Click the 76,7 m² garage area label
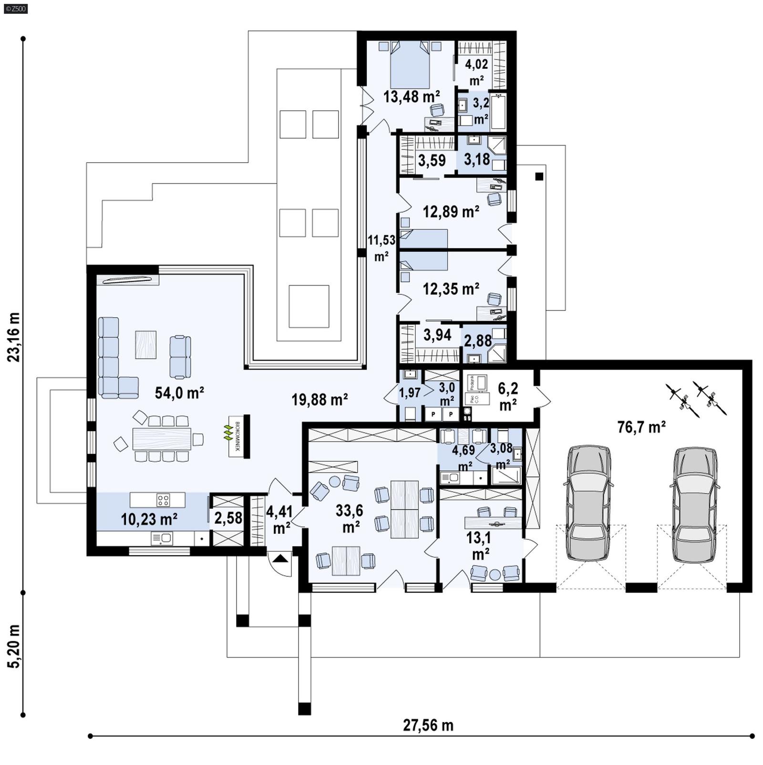641,427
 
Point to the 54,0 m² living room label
179,393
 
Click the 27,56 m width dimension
428,725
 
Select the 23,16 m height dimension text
14,337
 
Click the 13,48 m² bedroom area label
412,97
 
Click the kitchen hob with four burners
163,500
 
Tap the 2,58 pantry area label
228,518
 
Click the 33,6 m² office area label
350,518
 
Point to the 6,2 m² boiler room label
508,396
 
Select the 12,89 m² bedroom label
451,211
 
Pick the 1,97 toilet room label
410,393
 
